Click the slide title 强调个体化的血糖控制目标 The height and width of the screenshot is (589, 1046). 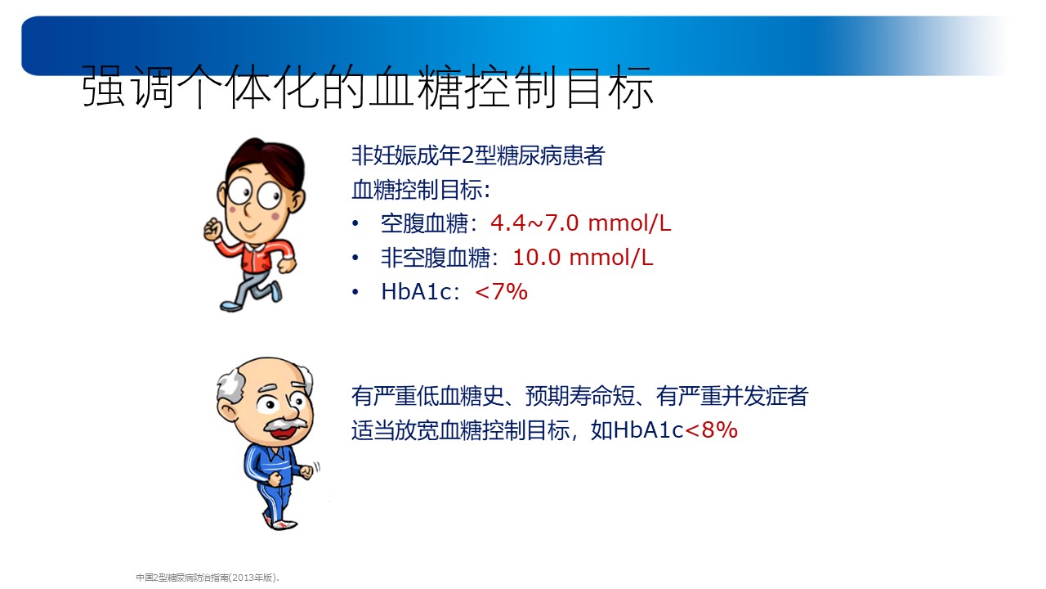point(368,87)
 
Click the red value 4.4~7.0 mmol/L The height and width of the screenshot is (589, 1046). point(580,223)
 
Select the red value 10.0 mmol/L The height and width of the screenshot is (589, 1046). point(583,258)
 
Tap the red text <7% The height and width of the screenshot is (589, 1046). point(501,292)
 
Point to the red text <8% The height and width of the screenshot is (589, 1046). point(711,429)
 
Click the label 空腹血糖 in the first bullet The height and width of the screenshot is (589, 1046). point(424,223)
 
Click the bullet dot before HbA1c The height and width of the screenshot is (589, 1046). point(355,292)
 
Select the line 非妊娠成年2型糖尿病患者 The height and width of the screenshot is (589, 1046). point(478,155)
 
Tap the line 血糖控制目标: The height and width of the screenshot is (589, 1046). point(421,189)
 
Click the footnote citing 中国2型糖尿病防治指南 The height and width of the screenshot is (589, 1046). point(208,578)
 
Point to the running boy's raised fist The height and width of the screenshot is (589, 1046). point(212,229)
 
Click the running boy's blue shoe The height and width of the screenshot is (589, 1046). point(231,306)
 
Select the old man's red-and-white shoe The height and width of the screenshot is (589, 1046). point(281,524)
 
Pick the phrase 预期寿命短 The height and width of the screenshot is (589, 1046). point(580,396)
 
